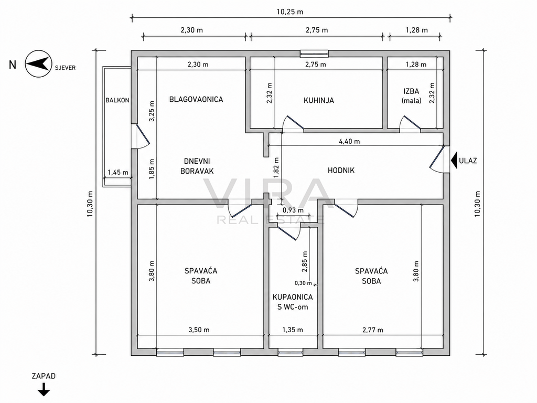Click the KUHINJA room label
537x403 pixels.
tap(318, 100)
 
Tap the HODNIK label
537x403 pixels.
tap(341, 171)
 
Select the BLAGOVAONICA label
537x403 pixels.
tap(196, 99)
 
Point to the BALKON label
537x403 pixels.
tap(117, 100)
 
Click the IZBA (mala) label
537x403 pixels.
tap(411, 96)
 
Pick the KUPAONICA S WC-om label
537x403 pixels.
tap(293, 302)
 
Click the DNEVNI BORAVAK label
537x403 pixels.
tap(197, 166)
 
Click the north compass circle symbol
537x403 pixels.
tap(38, 63)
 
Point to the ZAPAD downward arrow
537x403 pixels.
tap(44, 390)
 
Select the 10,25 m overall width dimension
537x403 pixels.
tap(290, 12)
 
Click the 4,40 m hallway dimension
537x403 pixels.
tap(349, 141)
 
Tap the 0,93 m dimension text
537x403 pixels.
tap(293, 210)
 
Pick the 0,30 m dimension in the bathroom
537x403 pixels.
tap(304, 283)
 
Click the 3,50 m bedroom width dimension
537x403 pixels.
tap(199, 330)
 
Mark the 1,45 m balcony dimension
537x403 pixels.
tap(118, 172)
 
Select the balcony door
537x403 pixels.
tap(141, 136)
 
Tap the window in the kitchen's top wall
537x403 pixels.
tap(314, 54)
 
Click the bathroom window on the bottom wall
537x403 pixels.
tap(290, 352)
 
